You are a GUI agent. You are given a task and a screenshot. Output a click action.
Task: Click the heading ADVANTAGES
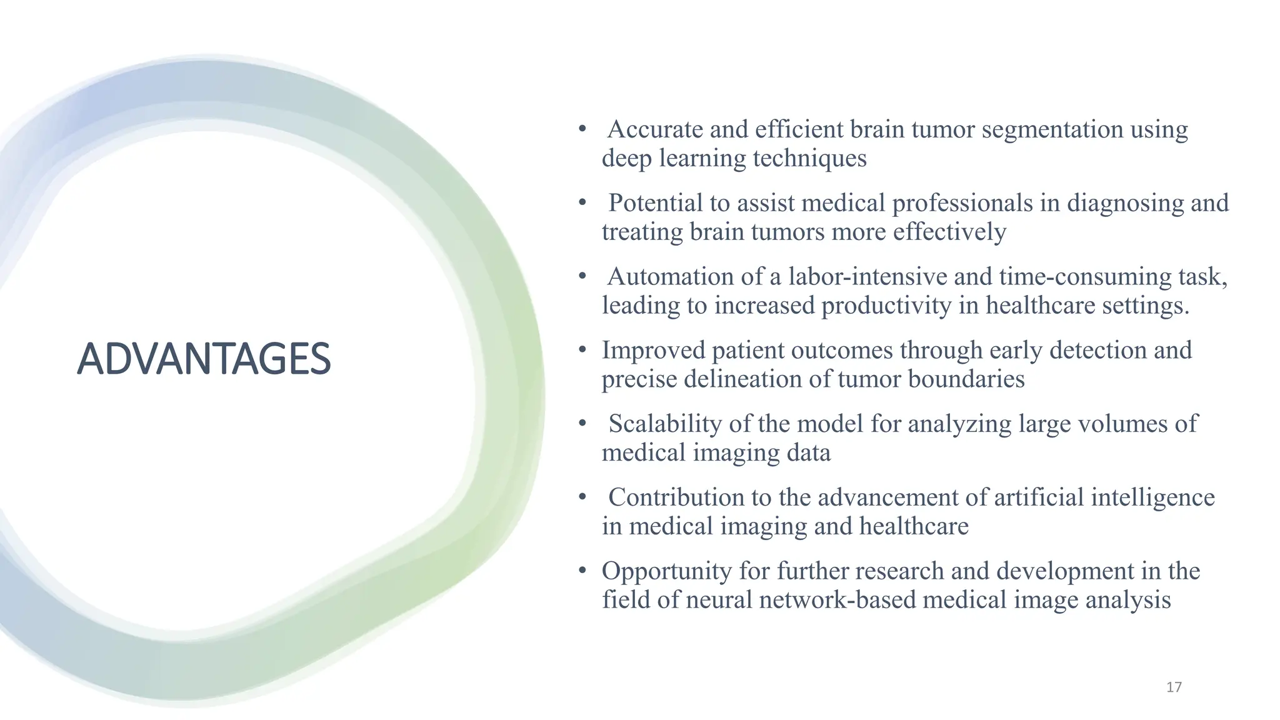click(204, 359)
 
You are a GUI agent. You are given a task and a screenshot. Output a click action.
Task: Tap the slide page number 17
click(1174, 687)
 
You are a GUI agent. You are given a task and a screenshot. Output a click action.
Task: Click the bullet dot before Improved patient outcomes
click(582, 350)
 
